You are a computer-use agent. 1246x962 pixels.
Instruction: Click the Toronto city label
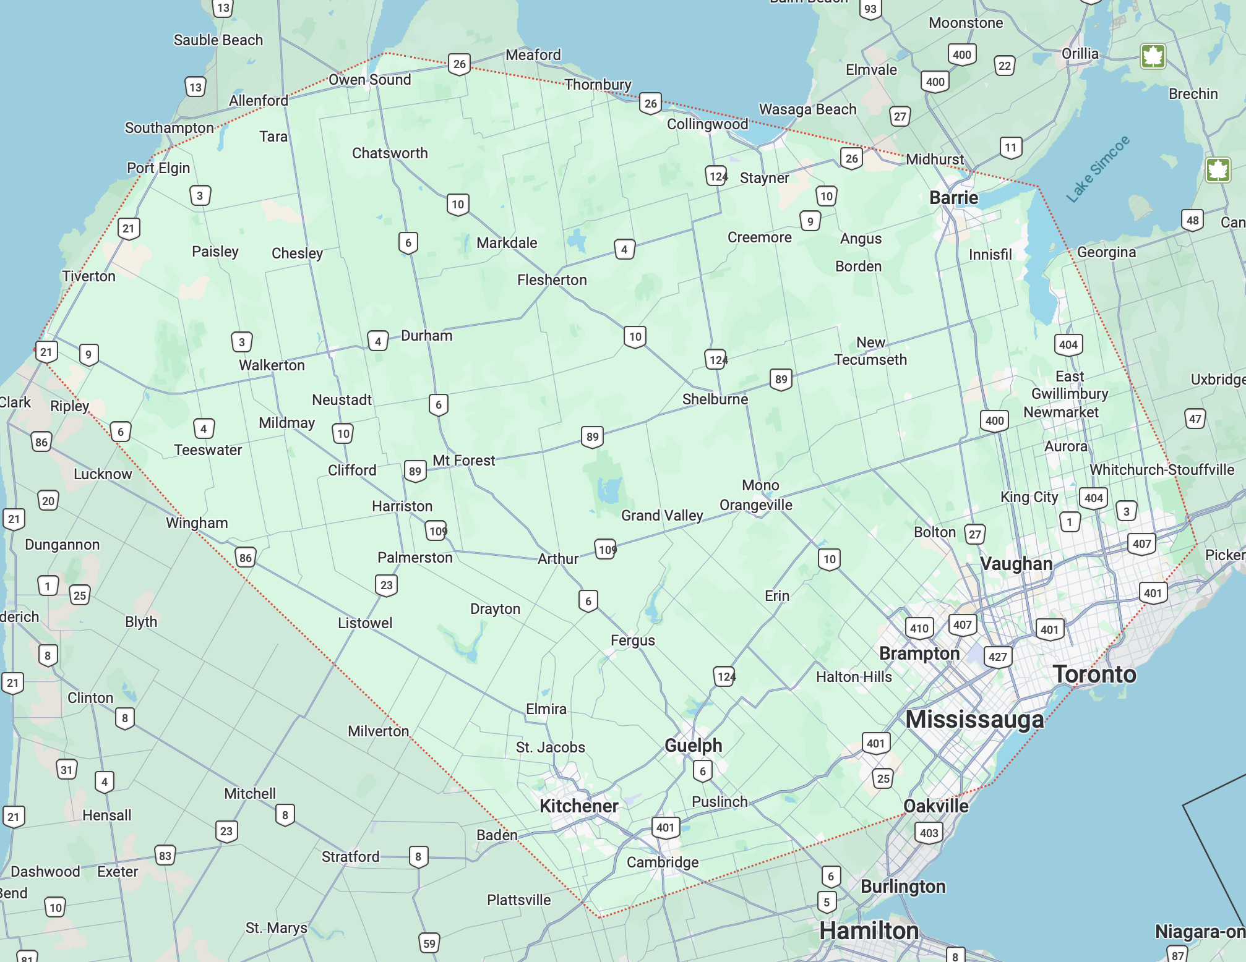[x=1094, y=674]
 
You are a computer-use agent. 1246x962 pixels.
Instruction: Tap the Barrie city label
[x=953, y=198]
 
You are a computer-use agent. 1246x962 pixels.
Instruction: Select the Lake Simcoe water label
[x=1098, y=169]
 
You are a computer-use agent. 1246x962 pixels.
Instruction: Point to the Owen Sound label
[x=369, y=80]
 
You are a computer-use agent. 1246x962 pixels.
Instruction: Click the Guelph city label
[x=693, y=745]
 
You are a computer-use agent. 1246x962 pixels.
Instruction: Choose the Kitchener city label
[x=578, y=806]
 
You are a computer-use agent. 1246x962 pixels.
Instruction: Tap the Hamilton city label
[x=869, y=930]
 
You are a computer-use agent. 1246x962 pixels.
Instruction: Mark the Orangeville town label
[x=755, y=505]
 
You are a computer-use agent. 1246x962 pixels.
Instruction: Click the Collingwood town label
[x=707, y=124]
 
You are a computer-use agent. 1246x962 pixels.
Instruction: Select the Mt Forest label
[x=463, y=461]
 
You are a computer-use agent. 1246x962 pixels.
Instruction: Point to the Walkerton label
[x=272, y=365]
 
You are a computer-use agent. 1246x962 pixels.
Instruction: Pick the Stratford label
[x=350, y=856]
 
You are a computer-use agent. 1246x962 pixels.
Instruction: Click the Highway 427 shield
[x=997, y=657]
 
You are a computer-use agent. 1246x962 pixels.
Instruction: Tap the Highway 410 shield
[x=919, y=628]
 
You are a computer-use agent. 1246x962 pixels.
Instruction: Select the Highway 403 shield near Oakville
[x=929, y=832]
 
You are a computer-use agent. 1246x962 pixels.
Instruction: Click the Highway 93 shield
[x=870, y=9]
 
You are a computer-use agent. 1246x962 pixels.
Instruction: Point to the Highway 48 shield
[x=1192, y=220]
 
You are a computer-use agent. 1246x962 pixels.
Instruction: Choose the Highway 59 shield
[x=429, y=943]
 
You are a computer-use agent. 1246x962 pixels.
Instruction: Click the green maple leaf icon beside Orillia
[x=1153, y=56]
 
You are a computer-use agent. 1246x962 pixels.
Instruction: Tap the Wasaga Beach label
[x=807, y=109]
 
